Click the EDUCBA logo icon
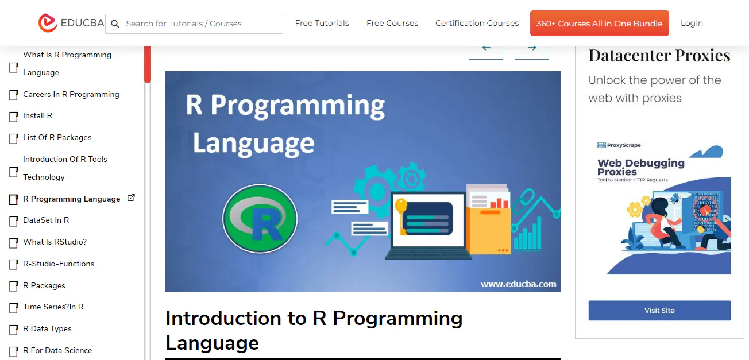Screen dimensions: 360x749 [48, 23]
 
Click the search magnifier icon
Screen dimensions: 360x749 [115, 24]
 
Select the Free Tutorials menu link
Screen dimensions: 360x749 [322, 24]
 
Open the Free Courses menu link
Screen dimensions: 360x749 [392, 24]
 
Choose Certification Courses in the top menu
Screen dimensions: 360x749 [477, 24]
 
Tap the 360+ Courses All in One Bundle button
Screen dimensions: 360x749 [599, 24]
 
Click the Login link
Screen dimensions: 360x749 [692, 24]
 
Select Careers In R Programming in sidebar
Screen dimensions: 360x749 [71, 94]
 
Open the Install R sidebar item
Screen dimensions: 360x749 [38, 116]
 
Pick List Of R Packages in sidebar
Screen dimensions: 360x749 [57, 138]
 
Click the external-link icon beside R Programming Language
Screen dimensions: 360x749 [131, 198]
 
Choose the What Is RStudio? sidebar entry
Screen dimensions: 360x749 [55, 242]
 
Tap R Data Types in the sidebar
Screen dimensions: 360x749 [48, 329]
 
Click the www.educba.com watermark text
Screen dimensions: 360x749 [518, 284]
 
